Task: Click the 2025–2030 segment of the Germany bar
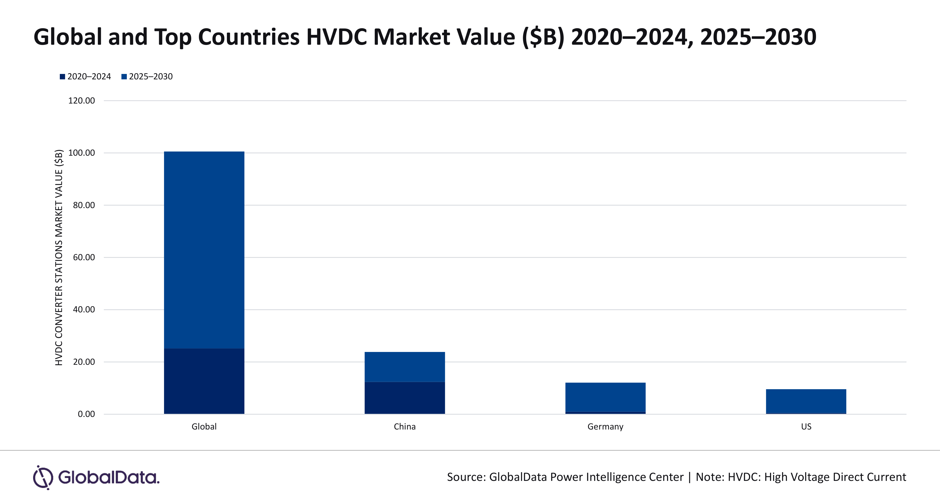click(605, 397)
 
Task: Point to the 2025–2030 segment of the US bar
click(806, 401)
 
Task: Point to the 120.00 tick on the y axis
click(81, 101)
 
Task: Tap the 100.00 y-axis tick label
click(81, 153)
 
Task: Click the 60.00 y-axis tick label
click(84, 257)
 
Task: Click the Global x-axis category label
click(204, 427)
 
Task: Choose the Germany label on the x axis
click(605, 427)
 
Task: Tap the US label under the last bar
click(806, 427)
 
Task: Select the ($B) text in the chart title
click(543, 37)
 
